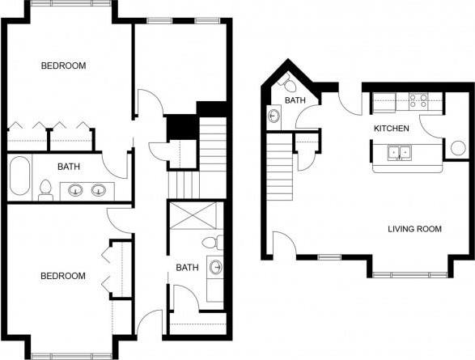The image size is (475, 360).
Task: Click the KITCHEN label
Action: (x=391, y=129)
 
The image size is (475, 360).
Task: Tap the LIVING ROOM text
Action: (x=414, y=229)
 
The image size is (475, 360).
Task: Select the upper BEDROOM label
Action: (x=63, y=66)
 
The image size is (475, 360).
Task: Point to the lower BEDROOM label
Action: (x=63, y=276)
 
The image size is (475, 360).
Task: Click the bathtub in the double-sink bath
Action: (x=20, y=176)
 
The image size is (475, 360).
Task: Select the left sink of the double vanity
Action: (x=75, y=191)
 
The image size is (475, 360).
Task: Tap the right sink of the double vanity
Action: (x=99, y=191)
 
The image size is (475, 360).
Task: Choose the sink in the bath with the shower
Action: (x=216, y=266)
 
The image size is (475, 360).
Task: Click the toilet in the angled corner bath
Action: (x=289, y=83)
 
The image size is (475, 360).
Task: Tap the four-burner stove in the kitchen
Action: (x=418, y=101)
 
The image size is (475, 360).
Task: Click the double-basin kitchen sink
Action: (x=398, y=151)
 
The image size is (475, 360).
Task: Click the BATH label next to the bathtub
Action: (x=68, y=167)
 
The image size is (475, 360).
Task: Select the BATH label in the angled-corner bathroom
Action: (x=294, y=101)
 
